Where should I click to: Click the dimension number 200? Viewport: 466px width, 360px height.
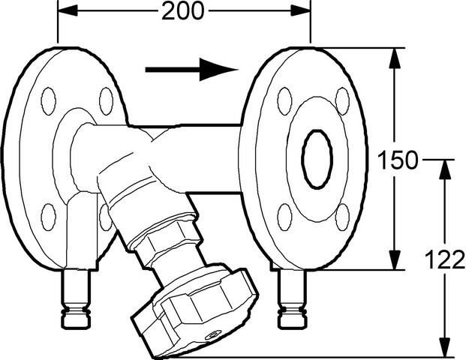183,11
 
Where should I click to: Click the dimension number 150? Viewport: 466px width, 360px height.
398,160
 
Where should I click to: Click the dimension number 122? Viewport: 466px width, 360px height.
445,259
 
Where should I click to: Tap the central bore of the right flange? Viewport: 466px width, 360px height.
317,159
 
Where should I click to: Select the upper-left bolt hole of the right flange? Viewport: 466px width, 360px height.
284,101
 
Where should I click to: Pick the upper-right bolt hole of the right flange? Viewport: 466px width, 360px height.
342,101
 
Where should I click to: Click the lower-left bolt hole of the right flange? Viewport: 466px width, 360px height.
284,217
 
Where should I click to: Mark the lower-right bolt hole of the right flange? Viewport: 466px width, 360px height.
342,217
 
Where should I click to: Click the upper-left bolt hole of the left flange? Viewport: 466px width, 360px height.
49,101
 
